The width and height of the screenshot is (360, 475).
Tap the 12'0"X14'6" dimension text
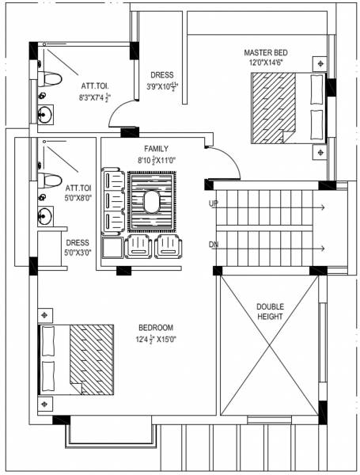tap(267, 63)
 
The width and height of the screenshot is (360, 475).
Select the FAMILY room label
tap(155, 149)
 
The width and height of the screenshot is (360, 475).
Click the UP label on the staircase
tap(214, 203)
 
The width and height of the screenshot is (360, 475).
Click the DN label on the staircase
tap(214, 245)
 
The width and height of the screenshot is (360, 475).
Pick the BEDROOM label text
tap(155, 328)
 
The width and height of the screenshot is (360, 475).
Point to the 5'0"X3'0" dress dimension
tap(78, 253)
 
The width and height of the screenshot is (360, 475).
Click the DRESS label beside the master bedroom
tap(161, 76)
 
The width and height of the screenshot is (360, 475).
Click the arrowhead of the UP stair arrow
tap(322, 207)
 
